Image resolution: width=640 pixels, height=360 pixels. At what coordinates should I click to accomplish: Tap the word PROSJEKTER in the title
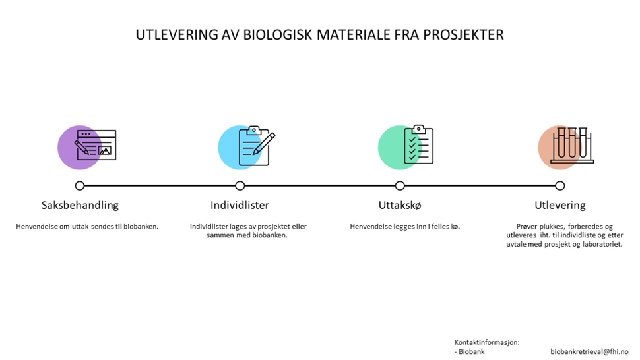point(463,35)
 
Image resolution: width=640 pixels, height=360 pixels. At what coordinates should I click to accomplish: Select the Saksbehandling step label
point(80,205)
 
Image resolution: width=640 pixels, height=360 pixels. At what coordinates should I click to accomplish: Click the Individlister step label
point(240,205)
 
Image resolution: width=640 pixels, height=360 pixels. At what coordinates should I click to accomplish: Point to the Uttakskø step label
point(400,205)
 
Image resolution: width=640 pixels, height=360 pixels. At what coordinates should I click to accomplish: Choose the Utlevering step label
point(560,205)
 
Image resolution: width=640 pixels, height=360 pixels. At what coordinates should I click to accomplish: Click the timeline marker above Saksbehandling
point(80,186)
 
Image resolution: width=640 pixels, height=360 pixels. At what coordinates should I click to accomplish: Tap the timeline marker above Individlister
point(240,186)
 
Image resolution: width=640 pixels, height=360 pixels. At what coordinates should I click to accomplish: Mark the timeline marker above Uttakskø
point(400,186)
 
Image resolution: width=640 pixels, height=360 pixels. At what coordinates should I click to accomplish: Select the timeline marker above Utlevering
point(560,186)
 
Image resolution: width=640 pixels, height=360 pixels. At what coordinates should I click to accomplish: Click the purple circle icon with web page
point(87,147)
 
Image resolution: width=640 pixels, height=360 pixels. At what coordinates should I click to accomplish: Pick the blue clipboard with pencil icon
point(247,147)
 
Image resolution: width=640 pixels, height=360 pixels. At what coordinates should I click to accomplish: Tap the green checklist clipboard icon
point(406,147)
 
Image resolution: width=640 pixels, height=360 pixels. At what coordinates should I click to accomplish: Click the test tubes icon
point(566,147)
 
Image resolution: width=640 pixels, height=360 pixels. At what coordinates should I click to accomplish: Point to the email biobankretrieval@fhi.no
point(589,351)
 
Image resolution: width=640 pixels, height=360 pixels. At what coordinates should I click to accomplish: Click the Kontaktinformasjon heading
point(487,342)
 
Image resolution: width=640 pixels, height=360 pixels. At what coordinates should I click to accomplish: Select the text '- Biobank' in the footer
point(469,351)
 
